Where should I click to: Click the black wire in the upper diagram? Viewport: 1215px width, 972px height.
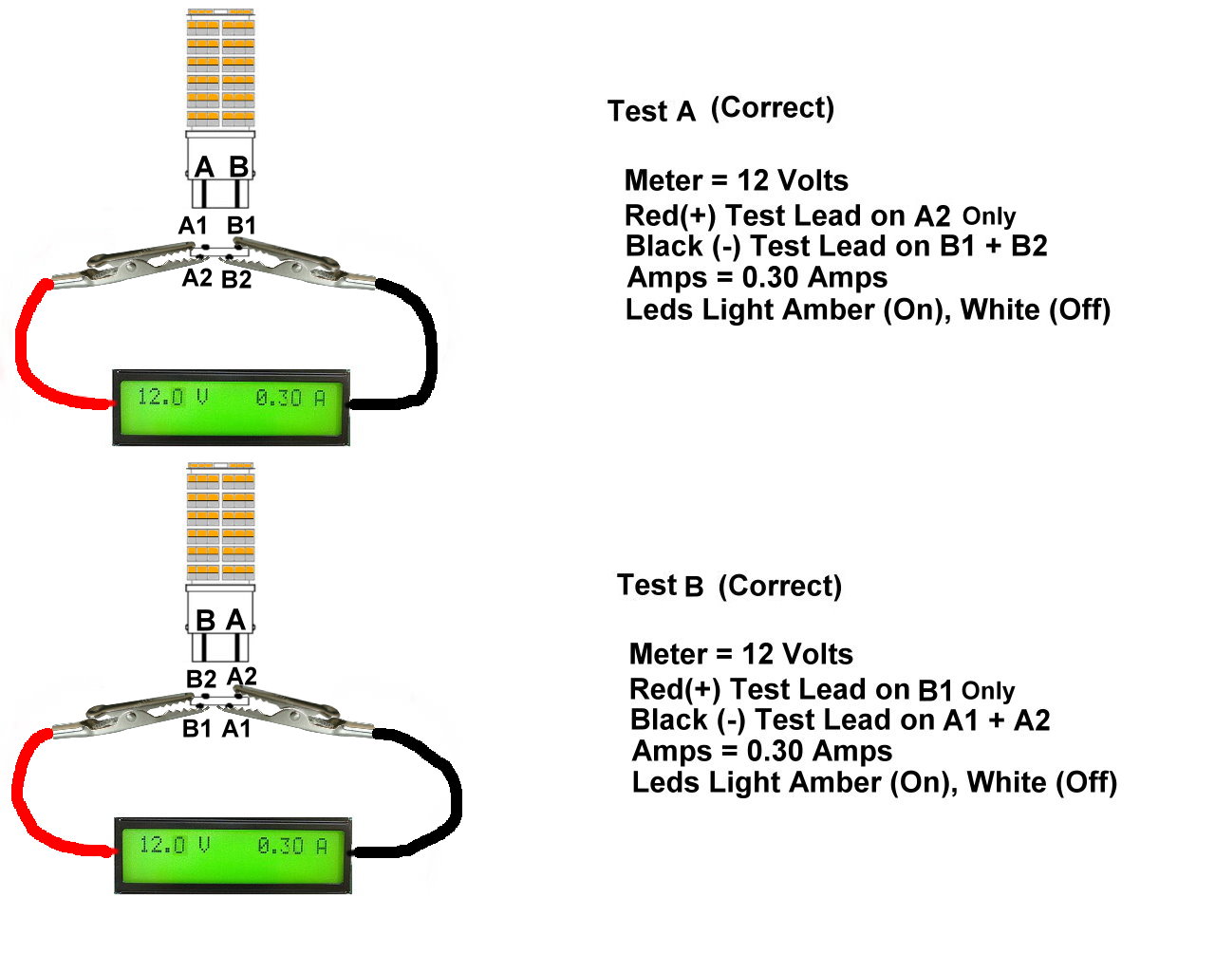coord(429,351)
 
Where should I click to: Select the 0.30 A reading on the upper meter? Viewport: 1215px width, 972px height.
coord(290,398)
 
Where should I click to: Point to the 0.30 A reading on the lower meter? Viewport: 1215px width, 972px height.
coord(292,845)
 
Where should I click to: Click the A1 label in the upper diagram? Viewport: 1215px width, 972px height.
coord(193,226)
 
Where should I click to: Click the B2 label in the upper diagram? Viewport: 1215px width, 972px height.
coord(236,280)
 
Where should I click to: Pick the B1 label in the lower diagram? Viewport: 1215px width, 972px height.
coord(196,729)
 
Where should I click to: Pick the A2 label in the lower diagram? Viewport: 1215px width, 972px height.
coord(242,676)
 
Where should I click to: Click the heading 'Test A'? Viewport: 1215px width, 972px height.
coord(652,111)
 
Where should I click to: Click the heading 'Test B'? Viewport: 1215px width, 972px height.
coord(661,586)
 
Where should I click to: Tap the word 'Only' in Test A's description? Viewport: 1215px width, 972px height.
coord(988,216)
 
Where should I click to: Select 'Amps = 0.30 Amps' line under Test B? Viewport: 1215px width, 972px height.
coord(762,752)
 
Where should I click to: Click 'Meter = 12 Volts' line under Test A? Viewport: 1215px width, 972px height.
coord(737,180)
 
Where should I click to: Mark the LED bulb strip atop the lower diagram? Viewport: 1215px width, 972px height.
coord(221,521)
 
